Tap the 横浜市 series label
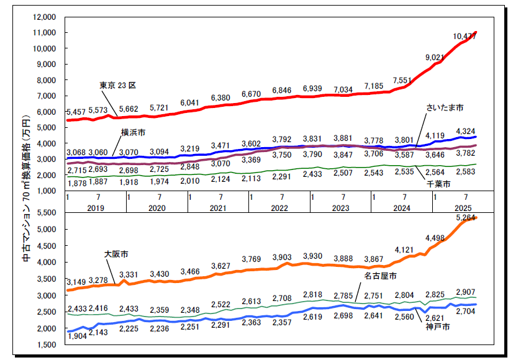134,132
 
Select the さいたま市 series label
444,108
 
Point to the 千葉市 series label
438,184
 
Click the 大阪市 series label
116,254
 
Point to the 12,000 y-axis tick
43,17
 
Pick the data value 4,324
466,131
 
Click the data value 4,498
435,238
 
